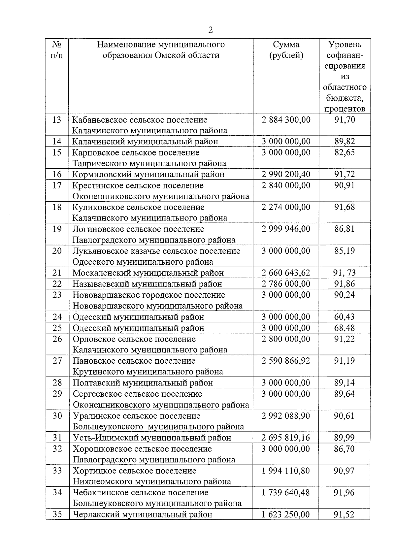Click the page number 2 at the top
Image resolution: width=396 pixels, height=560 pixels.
click(x=211, y=30)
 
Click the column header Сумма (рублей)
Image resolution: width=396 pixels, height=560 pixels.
click(x=286, y=49)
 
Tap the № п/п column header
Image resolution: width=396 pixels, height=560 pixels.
click(x=57, y=49)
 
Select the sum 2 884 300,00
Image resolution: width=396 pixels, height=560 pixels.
click(x=286, y=119)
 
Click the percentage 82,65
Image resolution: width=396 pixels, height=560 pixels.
click(x=345, y=152)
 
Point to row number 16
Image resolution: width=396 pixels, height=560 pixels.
click(x=57, y=174)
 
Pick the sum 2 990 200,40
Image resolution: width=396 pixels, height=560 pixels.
click(x=286, y=174)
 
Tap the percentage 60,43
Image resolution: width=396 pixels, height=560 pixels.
click(x=345, y=317)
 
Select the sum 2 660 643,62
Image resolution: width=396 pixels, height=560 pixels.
click(x=286, y=273)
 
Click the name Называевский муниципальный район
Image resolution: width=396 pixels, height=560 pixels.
click(x=147, y=284)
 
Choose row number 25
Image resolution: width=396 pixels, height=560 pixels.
click(x=57, y=328)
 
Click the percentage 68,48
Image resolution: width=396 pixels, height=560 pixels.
click(x=345, y=328)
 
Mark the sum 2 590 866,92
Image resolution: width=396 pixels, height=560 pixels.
click(x=286, y=361)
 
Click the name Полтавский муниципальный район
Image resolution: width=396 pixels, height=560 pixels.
click(x=143, y=383)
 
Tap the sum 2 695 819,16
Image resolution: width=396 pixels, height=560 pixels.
click(x=286, y=438)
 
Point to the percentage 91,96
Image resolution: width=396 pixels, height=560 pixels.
click(x=345, y=492)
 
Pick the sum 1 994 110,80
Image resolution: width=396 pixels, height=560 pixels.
click(x=286, y=471)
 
